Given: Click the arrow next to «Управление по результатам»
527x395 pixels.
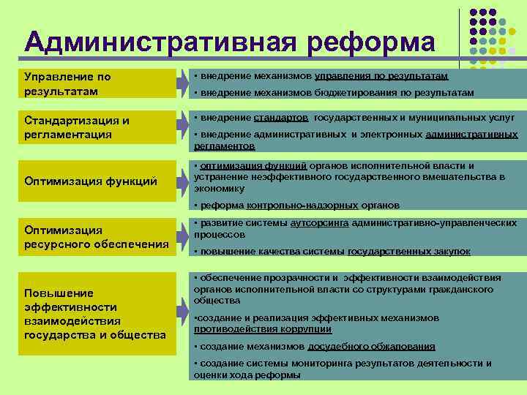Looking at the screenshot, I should (x=182, y=84).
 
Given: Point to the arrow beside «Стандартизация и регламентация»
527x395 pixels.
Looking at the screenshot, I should (x=182, y=127).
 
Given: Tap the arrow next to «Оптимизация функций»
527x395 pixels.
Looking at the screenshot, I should (x=182, y=181).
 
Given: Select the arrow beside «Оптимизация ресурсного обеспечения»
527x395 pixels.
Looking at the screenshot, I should (x=182, y=236).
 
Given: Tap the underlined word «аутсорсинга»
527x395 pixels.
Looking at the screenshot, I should (x=319, y=223).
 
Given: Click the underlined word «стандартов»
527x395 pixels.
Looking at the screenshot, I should (x=281, y=118).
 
